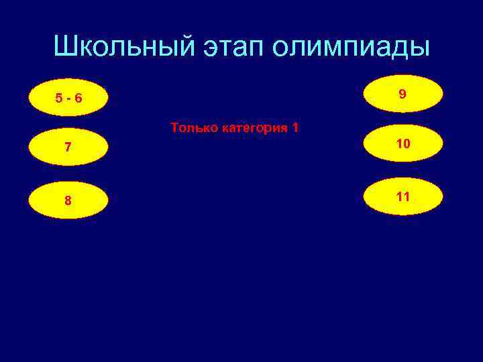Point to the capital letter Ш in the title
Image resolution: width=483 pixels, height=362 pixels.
tap(65, 46)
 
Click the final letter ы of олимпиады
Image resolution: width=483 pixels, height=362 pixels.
tap(419, 48)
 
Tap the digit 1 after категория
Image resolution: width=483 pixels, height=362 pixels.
tap(295, 127)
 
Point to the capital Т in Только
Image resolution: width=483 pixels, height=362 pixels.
tap(174, 127)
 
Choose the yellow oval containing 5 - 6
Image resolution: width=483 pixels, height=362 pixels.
tap(69, 98)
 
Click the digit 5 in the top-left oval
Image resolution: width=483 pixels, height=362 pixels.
tap(60, 99)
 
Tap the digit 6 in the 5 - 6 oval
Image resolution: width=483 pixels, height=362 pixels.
tap(78, 99)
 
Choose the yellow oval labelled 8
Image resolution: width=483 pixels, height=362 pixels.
tap(69, 200)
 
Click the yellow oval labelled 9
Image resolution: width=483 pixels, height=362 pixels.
tap(402, 94)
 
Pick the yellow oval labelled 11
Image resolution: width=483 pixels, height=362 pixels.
tap(402, 196)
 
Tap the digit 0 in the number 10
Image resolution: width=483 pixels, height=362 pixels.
tap(407, 143)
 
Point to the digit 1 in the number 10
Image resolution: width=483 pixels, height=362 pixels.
tap(398, 143)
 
